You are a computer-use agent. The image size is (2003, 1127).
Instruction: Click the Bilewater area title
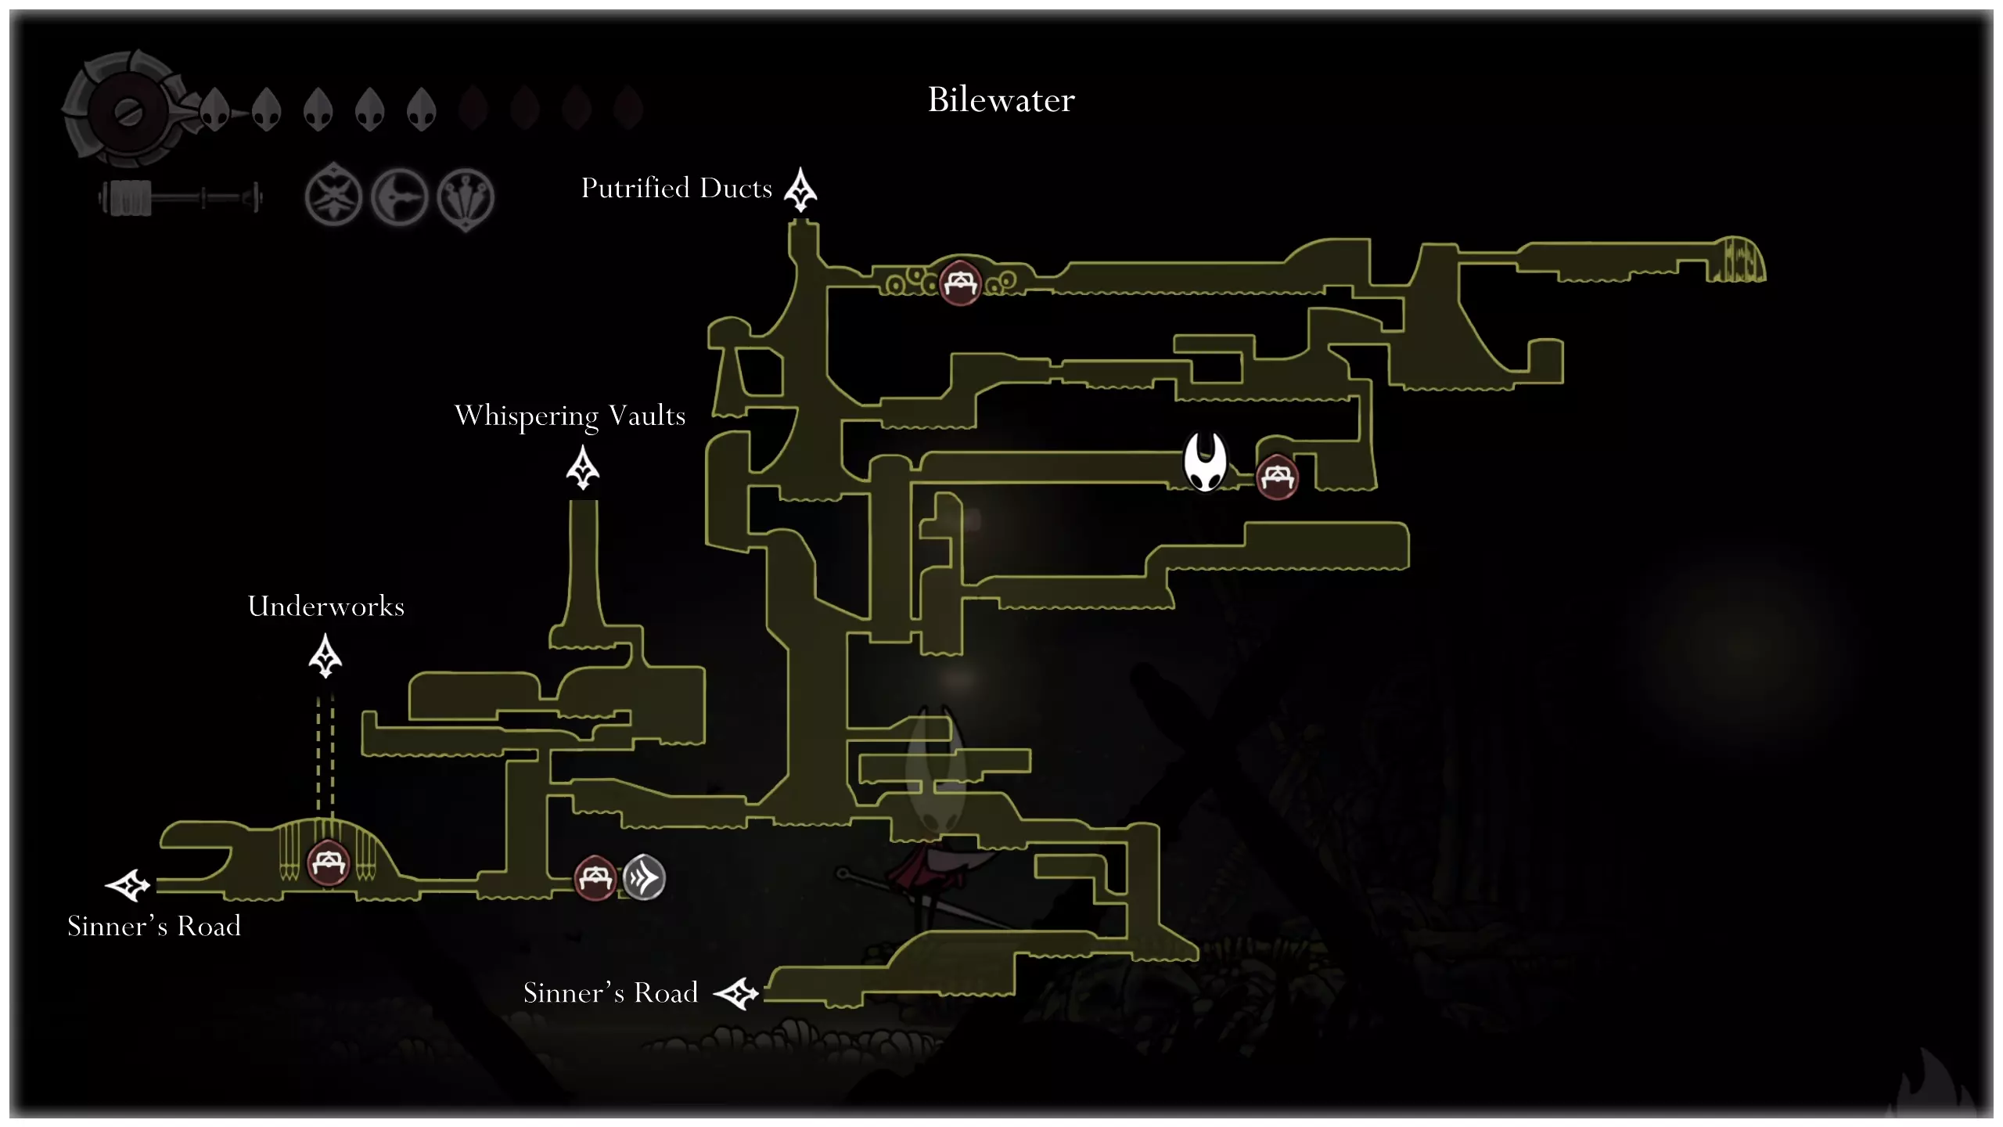tap(1001, 100)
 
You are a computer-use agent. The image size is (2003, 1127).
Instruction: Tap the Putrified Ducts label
tap(676, 189)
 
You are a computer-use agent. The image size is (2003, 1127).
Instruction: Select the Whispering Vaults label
tap(570, 416)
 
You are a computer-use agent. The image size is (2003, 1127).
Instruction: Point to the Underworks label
tap(325, 607)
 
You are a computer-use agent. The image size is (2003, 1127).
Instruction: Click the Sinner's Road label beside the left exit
tap(154, 926)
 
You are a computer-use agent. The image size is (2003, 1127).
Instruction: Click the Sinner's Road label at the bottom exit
tap(610, 992)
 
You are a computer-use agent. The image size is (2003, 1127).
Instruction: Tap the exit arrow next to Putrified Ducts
tap(800, 189)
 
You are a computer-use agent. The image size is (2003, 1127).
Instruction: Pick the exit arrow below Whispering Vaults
tap(583, 468)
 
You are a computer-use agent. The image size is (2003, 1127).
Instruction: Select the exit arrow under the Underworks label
tap(325, 656)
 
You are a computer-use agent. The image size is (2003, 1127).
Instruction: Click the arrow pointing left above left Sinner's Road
tap(128, 885)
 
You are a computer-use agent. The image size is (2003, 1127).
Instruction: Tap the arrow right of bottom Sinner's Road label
tap(736, 994)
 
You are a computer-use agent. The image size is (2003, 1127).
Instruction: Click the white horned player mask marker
tap(1205, 462)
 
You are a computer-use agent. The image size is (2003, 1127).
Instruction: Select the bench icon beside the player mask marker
tap(1277, 477)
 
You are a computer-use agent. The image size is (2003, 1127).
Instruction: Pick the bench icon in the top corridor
tap(960, 283)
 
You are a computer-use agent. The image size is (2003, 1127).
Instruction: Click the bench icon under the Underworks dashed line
tap(328, 862)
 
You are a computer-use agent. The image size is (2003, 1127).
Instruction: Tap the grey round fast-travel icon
tap(644, 877)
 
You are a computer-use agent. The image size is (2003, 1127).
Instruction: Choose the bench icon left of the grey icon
tap(595, 878)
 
